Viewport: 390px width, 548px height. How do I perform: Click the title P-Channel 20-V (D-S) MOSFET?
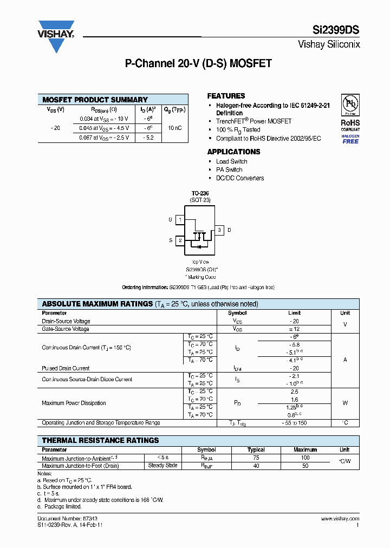(198, 64)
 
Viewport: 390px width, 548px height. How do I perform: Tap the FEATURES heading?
(226, 96)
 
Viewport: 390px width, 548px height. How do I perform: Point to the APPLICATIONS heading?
(233, 152)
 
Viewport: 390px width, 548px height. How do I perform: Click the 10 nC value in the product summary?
(175, 128)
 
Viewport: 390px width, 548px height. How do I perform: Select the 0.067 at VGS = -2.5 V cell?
(104, 138)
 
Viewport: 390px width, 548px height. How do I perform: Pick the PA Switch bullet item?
(229, 169)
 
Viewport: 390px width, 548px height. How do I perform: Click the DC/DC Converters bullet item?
(240, 178)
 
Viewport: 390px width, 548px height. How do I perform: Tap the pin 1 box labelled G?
(180, 220)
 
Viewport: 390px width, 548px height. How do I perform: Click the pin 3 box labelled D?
(219, 230)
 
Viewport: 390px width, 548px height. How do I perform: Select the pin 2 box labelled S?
(180, 240)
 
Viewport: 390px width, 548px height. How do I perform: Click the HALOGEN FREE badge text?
(350, 139)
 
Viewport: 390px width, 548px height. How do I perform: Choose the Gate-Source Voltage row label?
(66, 329)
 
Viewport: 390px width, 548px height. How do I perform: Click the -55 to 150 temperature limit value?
(294, 423)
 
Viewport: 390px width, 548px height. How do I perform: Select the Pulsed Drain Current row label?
(66, 368)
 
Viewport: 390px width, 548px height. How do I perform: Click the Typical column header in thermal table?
(256, 450)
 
